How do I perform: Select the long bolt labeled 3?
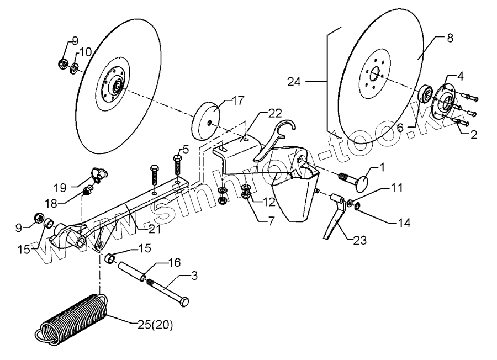click(x=169, y=290)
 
